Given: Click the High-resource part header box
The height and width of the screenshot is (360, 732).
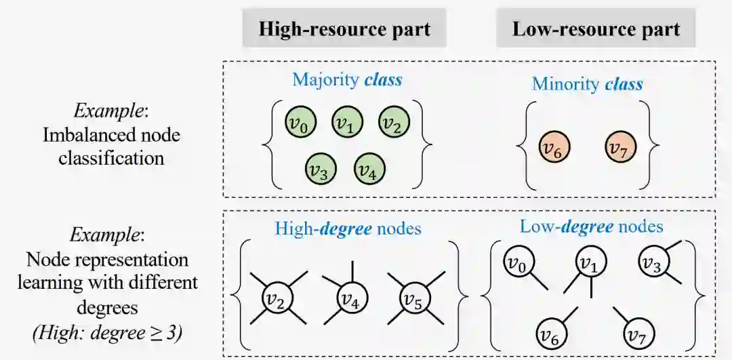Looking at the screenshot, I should (x=344, y=28).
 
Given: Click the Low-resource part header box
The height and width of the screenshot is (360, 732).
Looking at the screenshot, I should (x=596, y=28).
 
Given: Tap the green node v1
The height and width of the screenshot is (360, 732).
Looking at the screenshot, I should (x=347, y=123).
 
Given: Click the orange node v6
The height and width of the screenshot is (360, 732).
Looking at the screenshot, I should (x=554, y=147).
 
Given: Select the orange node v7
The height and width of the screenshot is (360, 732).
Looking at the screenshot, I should (x=620, y=147).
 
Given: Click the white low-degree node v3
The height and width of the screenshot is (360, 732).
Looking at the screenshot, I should (x=651, y=262).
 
